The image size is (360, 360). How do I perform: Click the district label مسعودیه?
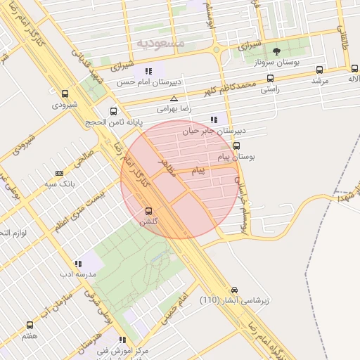pos(160,43)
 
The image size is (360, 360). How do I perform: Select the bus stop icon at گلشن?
pos(148,211)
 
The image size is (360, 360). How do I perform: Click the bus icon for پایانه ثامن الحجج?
pos(114,111)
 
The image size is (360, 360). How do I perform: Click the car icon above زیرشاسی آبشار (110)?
pos(234,290)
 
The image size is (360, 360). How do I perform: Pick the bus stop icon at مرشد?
pos(320,70)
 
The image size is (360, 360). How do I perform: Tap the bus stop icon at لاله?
pos(354,70)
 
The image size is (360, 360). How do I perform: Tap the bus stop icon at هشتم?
pos(30,325)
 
